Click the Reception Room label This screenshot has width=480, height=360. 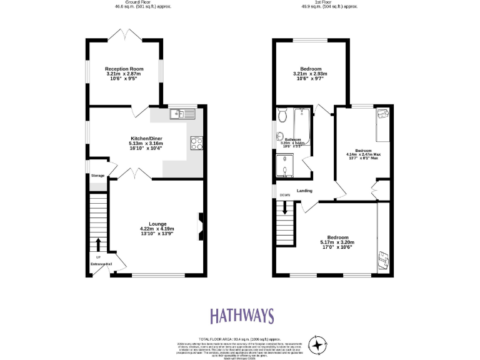(124, 69)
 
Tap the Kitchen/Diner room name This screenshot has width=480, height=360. (129, 136)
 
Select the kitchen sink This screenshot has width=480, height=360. (182, 113)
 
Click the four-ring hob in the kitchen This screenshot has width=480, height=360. (195, 142)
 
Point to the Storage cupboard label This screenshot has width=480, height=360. (97, 176)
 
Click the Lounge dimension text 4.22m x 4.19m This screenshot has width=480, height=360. (157, 229)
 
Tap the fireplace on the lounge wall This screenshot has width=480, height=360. (201, 226)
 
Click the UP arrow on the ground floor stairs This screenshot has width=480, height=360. (98, 244)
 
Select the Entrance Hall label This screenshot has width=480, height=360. (100, 264)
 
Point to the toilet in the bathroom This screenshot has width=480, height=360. (282, 116)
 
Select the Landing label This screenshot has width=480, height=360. (304, 191)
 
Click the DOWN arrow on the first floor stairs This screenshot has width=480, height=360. (285, 209)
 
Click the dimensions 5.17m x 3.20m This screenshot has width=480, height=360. (337, 242)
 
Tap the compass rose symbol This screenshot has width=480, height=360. (319, 345)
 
